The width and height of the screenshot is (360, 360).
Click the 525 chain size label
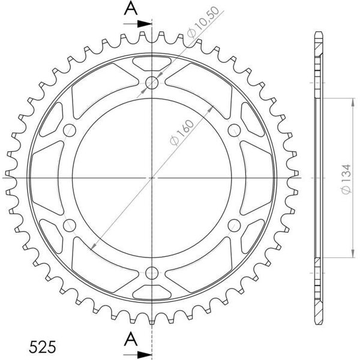(43, 347)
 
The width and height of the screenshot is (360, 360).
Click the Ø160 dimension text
(182, 133)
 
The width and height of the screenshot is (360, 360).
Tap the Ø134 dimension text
(346, 179)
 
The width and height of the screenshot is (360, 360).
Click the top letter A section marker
(131, 8)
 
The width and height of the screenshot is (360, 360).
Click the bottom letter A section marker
(131, 339)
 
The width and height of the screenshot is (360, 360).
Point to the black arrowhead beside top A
(145, 24)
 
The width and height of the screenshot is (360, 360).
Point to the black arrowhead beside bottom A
(145, 355)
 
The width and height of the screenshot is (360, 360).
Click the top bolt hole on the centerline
(152, 83)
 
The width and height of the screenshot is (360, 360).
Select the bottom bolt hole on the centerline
(152, 273)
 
